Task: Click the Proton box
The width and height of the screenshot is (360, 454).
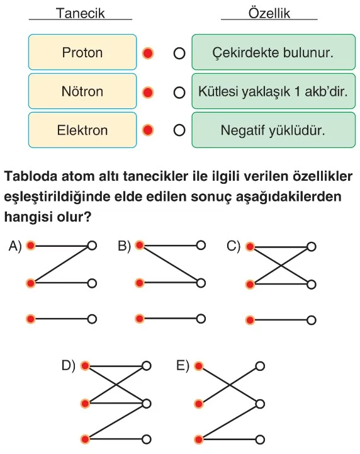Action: click(x=82, y=52)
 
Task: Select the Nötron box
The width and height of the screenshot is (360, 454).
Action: click(x=82, y=91)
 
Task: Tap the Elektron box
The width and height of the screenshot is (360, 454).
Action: click(x=82, y=130)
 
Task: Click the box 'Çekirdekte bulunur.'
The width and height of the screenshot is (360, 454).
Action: click(x=274, y=52)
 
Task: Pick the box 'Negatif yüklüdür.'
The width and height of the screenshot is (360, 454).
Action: click(x=274, y=130)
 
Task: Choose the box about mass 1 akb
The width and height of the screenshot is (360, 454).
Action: click(x=274, y=91)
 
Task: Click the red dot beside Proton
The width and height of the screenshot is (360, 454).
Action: click(x=148, y=54)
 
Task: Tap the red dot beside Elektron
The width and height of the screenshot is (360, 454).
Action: click(x=148, y=130)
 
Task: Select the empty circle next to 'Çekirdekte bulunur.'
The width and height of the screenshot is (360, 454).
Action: click(x=179, y=54)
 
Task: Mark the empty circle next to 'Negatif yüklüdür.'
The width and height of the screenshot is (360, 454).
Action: click(x=179, y=130)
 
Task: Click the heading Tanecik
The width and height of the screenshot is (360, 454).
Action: click(x=80, y=13)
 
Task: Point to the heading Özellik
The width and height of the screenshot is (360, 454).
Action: click(x=269, y=13)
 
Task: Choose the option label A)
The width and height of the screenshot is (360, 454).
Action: click(x=15, y=246)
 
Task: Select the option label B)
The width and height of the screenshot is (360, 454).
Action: click(x=124, y=246)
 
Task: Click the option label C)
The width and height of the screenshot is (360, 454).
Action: click(x=233, y=247)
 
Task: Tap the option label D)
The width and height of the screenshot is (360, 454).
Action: click(x=69, y=366)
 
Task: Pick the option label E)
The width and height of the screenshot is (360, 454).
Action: click(x=183, y=366)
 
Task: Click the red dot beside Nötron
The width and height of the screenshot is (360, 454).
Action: click(x=148, y=93)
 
